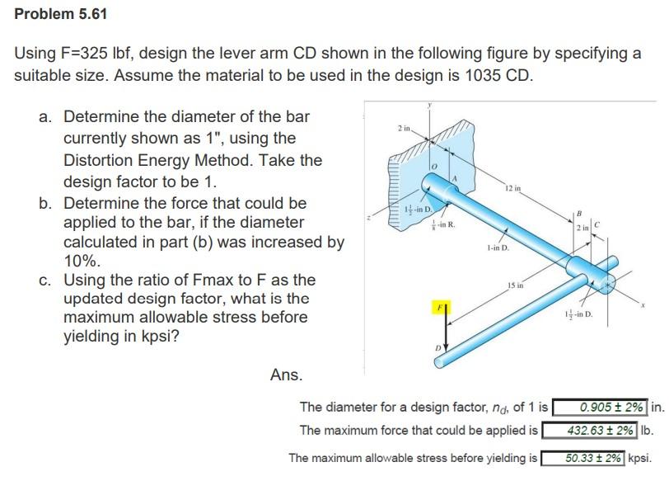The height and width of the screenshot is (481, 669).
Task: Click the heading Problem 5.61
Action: point(61,14)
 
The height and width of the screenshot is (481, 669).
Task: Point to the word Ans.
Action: point(286,375)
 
